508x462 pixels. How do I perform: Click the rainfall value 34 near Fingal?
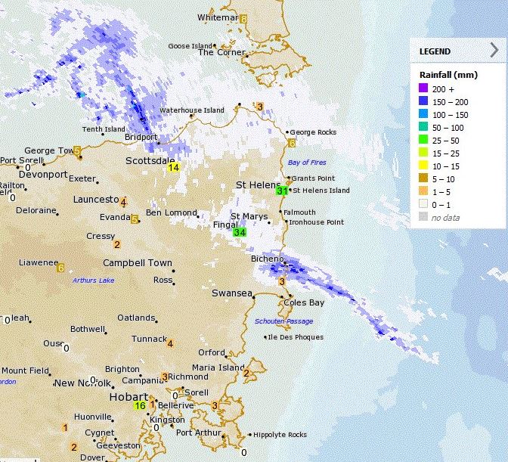240,232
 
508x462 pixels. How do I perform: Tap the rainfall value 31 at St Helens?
282,191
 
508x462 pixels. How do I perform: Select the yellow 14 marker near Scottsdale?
174,167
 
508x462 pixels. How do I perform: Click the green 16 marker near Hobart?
140,406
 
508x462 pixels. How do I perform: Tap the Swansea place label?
231,293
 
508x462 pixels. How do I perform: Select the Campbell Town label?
137,263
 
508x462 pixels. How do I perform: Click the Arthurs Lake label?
93,281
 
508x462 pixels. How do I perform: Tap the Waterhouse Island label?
191,110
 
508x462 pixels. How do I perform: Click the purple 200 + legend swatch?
426,89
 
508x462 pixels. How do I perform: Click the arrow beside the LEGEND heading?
494,51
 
